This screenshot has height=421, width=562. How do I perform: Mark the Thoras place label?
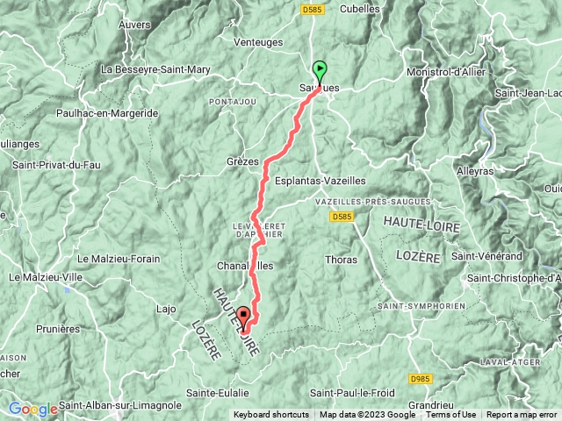(341, 260)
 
